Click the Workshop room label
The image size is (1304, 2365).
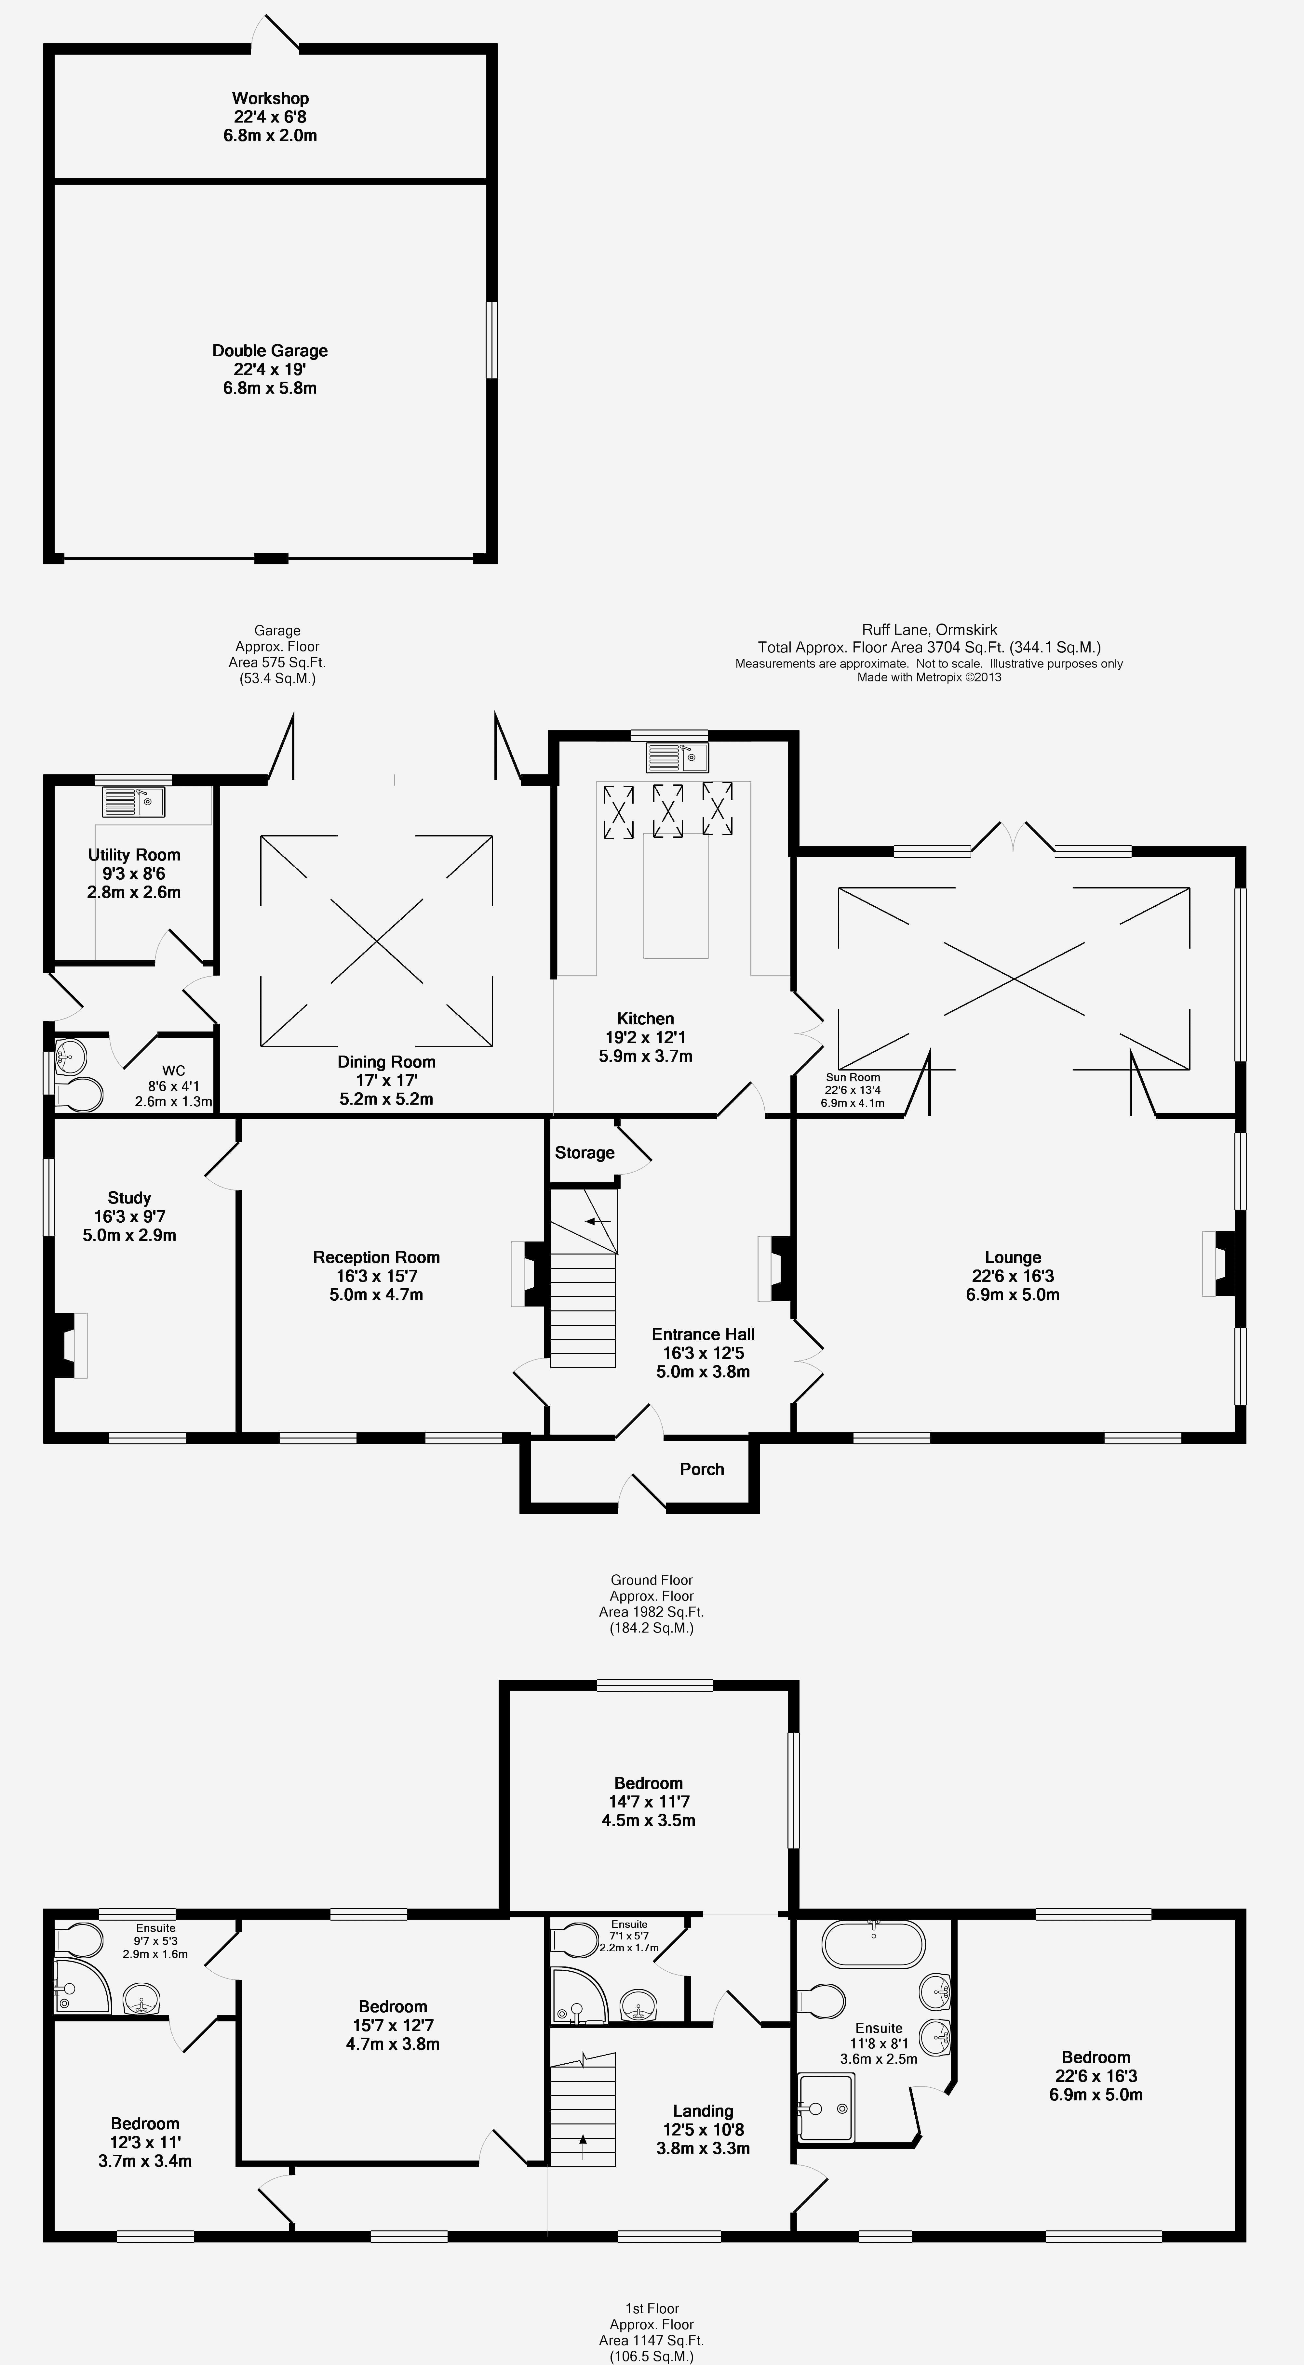coord(270,98)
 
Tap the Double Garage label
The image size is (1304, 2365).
coord(270,351)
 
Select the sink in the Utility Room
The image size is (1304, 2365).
coord(133,801)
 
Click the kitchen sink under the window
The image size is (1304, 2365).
coord(677,757)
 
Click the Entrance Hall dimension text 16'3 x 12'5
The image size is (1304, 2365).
coord(704,1353)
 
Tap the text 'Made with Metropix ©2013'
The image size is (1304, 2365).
coord(929,677)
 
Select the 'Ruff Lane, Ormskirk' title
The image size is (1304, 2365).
coord(929,630)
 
